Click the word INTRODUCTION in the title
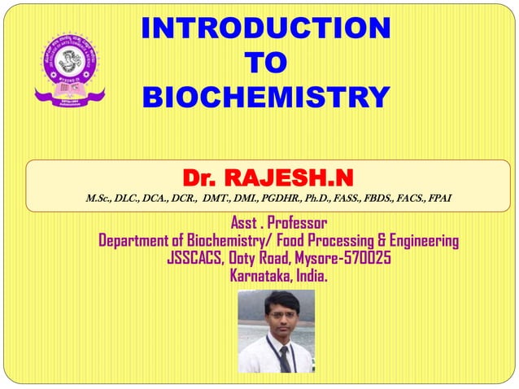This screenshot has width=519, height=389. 264,30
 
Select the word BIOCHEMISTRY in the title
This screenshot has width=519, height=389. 264,97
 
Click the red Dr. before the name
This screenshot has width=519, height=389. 201,176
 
